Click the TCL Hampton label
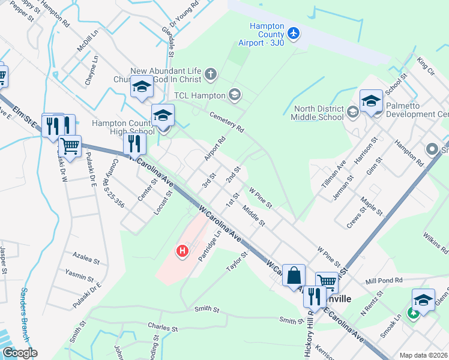pos(199,95)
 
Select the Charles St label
pos(163,329)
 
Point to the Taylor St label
pos(237,262)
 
